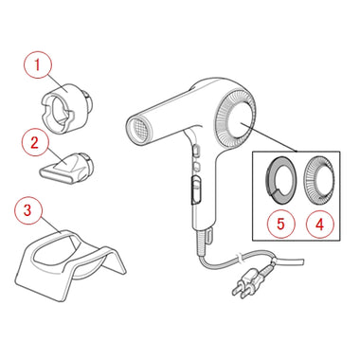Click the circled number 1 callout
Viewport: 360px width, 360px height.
pos(38,65)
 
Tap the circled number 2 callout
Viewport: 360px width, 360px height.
pos(34,142)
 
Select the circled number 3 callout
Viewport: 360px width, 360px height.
pos(27,210)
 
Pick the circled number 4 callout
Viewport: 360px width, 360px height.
pos(320,225)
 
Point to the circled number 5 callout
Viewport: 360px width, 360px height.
pos(280,224)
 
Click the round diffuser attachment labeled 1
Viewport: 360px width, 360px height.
pos(67,107)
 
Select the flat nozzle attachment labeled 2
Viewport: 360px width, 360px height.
pos(65,168)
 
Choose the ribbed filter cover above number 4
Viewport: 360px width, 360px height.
pos(318,181)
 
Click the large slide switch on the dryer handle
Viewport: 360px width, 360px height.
pos(196,189)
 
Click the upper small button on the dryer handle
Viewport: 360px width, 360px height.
pos(195,150)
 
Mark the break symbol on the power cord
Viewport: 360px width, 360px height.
pos(241,258)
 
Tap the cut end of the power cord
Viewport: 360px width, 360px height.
pos(302,261)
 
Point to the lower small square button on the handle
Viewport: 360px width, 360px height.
pos(196,165)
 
